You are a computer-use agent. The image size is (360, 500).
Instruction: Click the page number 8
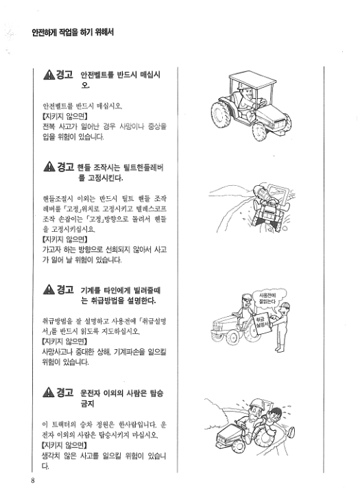[32, 480]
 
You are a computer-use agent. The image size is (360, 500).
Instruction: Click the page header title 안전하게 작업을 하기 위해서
[67, 32]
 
